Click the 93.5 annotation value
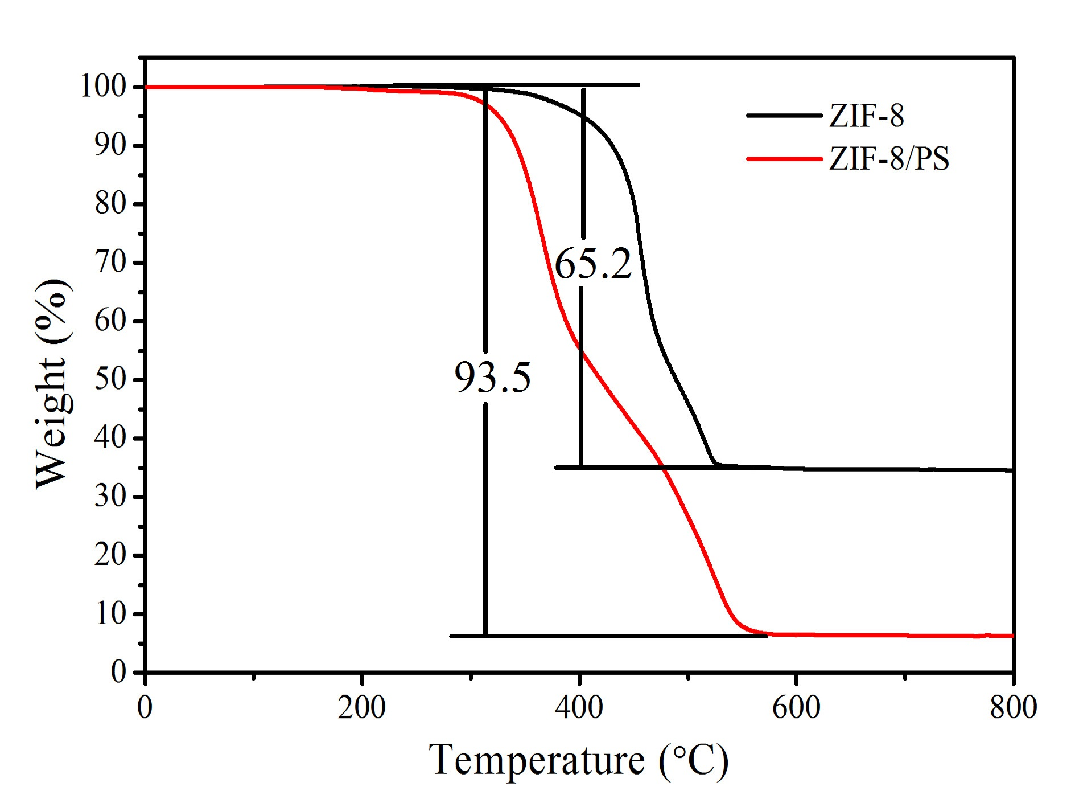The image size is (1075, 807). click(x=492, y=377)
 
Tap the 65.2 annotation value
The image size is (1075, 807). click(x=593, y=264)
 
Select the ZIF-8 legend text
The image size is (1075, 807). click(x=866, y=116)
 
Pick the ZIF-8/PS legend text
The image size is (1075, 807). click(x=889, y=158)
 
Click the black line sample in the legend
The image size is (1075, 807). click(x=784, y=116)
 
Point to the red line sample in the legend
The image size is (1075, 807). click(x=784, y=158)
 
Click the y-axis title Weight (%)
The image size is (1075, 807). click(x=52, y=383)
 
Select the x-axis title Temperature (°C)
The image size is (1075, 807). click(x=578, y=761)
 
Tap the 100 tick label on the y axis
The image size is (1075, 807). click(x=103, y=87)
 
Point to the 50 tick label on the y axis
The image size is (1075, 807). click(x=110, y=379)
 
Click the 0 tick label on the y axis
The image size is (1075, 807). click(x=118, y=672)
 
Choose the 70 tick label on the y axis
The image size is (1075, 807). click(x=110, y=263)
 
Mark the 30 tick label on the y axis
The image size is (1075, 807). click(x=110, y=497)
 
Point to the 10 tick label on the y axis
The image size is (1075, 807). click(x=110, y=613)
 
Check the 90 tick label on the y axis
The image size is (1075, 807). click(x=110, y=146)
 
